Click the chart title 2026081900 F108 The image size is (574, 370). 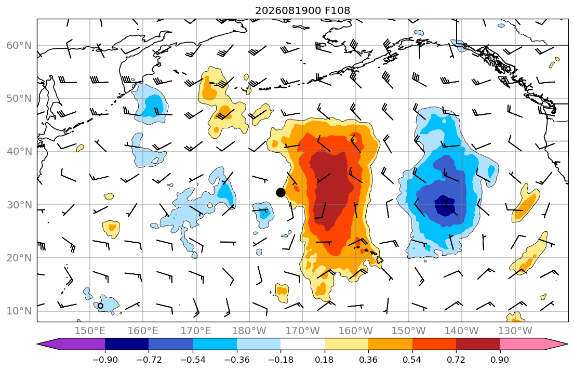point(302,10)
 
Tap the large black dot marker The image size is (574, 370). point(281,192)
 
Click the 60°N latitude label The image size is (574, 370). point(19,45)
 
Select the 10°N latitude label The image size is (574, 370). point(19,311)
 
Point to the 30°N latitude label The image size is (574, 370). point(19,205)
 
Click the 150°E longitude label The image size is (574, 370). point(90,331)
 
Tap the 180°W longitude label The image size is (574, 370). point(249,331)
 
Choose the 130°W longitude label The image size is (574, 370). point(515,331)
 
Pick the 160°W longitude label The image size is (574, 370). point(355,331)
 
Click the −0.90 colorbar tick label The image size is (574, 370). point(105,360)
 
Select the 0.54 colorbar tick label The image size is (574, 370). point(412,360)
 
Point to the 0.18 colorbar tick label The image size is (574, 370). point(324,360)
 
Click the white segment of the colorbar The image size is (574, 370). point(302,344)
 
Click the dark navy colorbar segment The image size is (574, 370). point(127,344)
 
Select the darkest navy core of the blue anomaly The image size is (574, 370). point(445,206)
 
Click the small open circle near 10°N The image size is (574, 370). point(100,306)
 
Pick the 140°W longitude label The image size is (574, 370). point(462,331)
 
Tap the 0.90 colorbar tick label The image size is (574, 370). point(500,360)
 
